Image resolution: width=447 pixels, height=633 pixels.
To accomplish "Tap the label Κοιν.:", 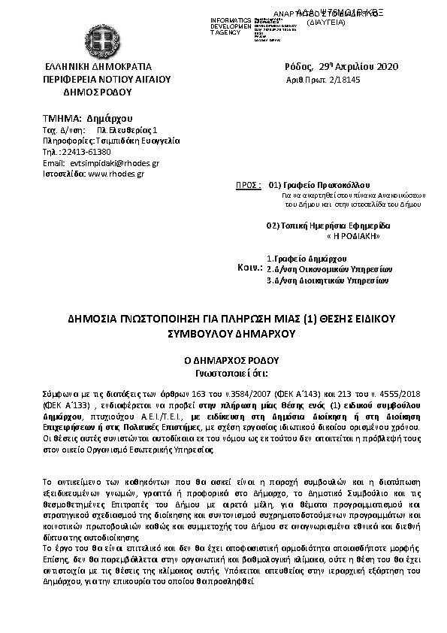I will [249, 268].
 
